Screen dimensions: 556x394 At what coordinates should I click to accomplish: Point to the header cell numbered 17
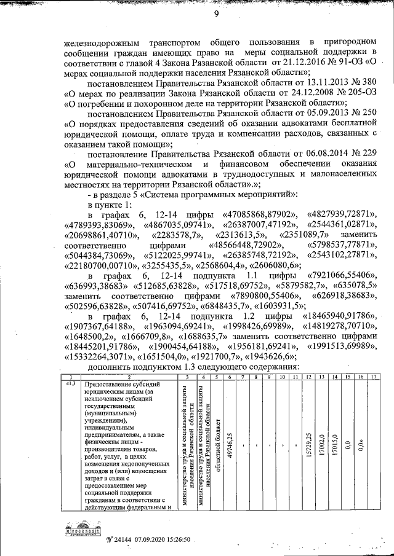(373, 377)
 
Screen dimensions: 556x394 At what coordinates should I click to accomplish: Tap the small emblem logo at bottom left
(82, 527)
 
